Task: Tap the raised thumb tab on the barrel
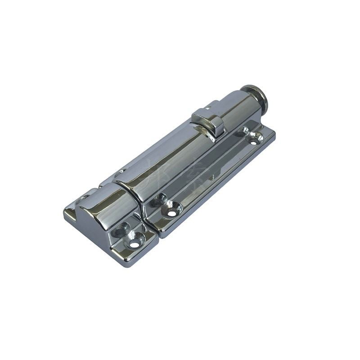[x=208, y=121]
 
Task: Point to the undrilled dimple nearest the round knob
[x=244, y=131]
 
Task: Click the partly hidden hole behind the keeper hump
[x=84, y=198]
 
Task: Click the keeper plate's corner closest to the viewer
[x=126, y=263]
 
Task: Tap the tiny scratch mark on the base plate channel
[x=212, y=177]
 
